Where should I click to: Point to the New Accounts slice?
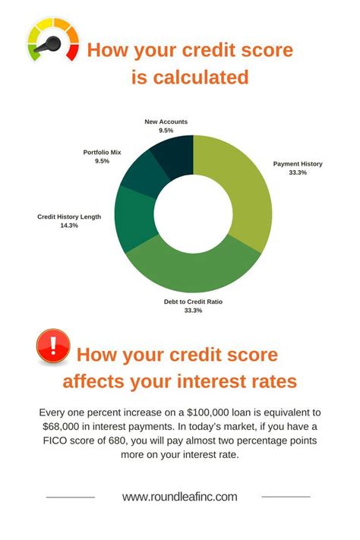172,152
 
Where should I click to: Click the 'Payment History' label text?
298,163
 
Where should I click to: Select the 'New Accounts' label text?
166,122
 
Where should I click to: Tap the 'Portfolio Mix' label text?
102,153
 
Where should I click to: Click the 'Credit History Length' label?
69,216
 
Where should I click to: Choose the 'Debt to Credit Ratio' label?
193,302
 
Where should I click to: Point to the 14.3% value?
69,225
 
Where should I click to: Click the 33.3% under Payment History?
298,172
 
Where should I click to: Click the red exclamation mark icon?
53,346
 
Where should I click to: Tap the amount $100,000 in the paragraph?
200,412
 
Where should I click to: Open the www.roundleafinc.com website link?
180,497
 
